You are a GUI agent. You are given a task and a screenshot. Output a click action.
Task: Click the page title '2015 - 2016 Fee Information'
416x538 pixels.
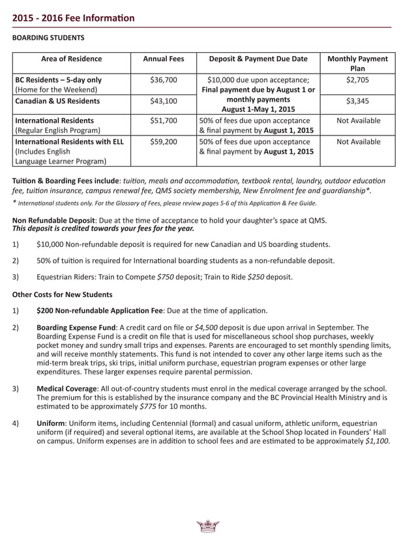74,18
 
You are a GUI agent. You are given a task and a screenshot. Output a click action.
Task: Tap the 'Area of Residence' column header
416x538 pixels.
71,59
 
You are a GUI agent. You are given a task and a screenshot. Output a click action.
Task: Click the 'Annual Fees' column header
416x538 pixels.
163,59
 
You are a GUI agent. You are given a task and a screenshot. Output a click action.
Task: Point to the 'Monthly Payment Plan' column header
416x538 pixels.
357,63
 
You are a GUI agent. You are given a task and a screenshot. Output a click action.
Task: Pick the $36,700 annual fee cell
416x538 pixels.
163,79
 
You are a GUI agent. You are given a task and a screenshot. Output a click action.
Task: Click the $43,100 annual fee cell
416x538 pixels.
163,101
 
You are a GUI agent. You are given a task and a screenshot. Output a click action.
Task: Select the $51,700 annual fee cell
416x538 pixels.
163,120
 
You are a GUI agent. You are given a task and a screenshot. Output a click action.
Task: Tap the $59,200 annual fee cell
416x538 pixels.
163,141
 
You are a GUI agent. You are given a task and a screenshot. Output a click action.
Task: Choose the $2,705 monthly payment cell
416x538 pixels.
357,79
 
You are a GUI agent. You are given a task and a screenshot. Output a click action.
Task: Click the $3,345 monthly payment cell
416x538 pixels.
357,101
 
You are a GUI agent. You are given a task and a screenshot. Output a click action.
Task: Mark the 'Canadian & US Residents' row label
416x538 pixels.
57,101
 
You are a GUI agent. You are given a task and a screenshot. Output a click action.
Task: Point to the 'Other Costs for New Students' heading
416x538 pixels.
62,294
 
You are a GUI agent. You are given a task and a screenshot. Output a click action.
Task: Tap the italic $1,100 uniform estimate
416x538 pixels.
378,440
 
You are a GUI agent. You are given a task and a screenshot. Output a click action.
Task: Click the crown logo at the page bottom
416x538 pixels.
207,526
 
